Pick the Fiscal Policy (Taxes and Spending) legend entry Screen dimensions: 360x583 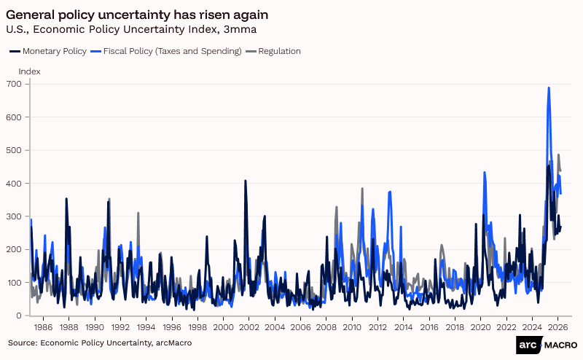(x=167, y=51)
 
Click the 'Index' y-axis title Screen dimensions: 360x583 (x=29, y=71)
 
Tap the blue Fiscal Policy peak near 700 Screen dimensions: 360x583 (x=549, y=88)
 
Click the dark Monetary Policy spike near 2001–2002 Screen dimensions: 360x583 (x=245, y=181)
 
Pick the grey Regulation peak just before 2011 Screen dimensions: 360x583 (x=362, y=189)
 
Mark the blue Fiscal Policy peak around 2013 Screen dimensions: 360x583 (x=391, y=192)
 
